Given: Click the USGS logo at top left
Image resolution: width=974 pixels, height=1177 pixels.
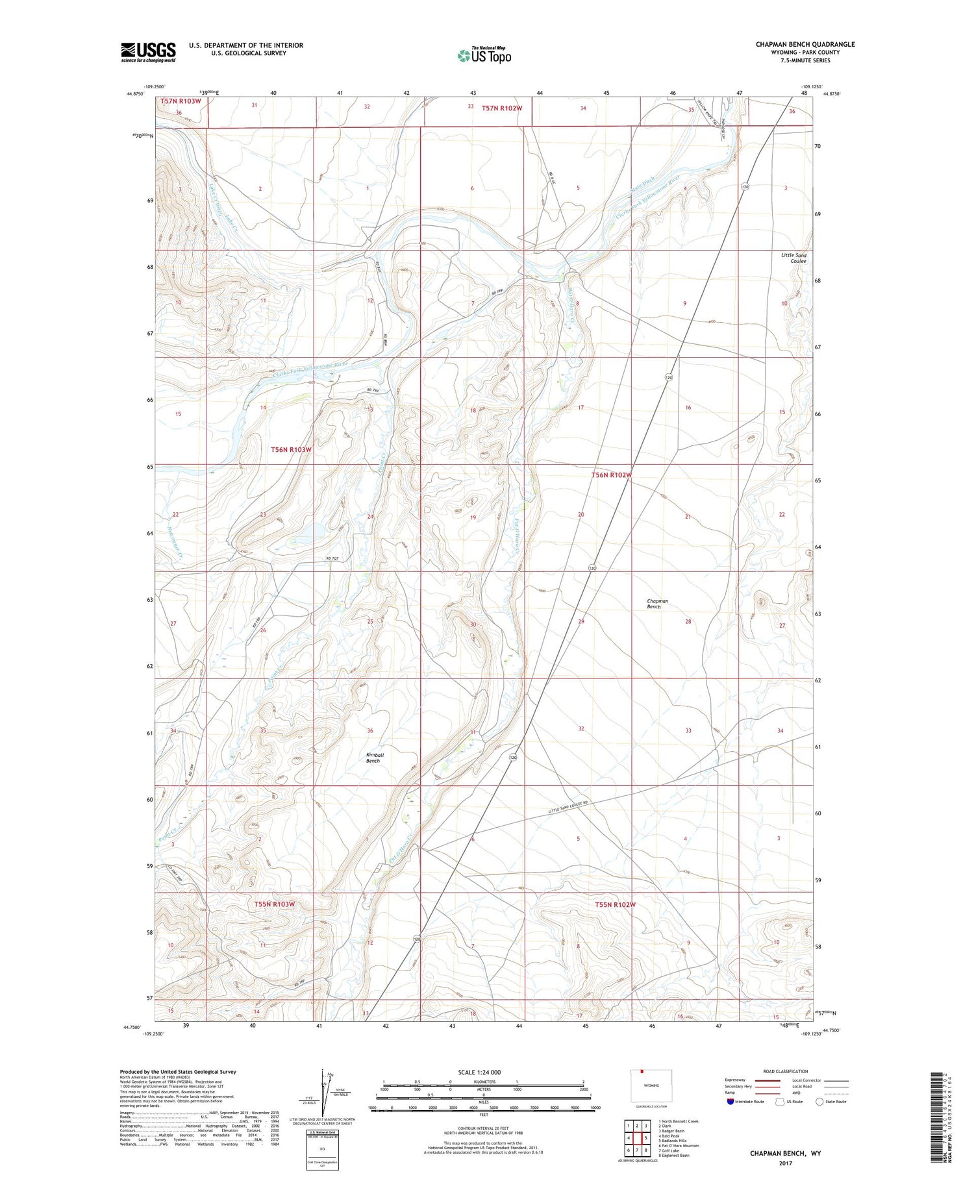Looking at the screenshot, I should click(148, 52).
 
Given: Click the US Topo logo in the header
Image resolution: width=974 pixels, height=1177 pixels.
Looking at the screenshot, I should click(484, 56).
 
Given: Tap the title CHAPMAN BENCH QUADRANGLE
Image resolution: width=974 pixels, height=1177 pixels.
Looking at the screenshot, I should click(805, 44).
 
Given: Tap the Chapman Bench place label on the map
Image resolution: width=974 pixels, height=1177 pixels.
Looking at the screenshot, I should click(657, 604).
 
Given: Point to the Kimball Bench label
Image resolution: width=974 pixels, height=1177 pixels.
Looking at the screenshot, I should click(375, 758).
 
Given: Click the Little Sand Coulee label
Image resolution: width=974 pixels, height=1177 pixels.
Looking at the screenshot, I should click(793, 258).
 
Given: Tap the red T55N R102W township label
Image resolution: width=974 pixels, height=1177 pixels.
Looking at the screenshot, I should click(614, 904).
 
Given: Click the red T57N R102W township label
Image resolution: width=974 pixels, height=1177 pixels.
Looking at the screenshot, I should click(501, 108).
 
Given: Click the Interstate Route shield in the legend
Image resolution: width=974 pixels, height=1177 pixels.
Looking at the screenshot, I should click(730, 1102).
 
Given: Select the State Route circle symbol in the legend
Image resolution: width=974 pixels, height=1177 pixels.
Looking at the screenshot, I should click(820, 1102).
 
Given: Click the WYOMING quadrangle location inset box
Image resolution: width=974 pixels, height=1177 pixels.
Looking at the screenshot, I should click(651, 1086).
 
